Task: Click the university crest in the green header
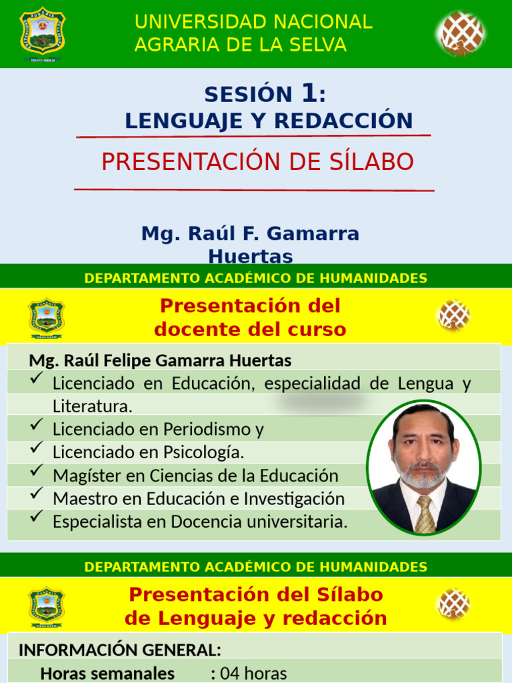tap(43, 33)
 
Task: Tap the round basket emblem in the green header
tap(461, 33)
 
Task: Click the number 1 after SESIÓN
tap(309, 94)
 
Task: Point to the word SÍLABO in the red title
tap(372, 162)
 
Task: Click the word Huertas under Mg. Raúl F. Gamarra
tap(250, 256)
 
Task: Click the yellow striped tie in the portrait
tap(424, 514)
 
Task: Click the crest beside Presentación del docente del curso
tap(46, 317)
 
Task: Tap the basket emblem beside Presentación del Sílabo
tap(453, 603)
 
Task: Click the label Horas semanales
tap(107, 674)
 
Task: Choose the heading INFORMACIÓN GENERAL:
tap(120, 650)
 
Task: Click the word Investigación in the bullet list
tap(293, 498)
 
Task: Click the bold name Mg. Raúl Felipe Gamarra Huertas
tap(160, 361)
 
